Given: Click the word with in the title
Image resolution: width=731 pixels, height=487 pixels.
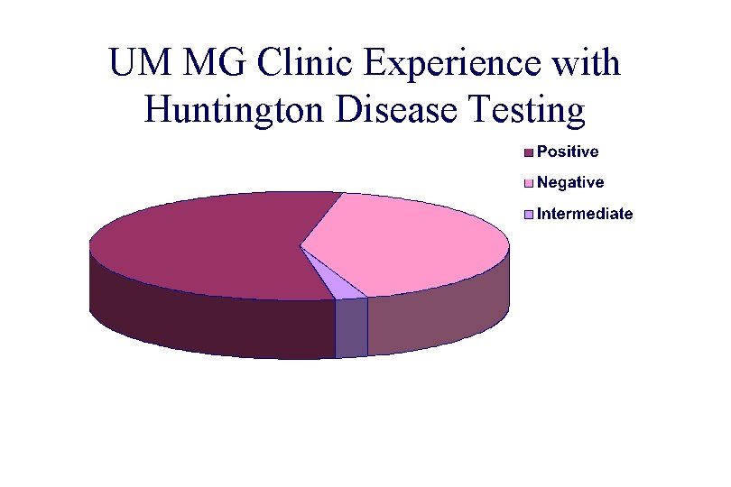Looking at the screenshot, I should (585, 65).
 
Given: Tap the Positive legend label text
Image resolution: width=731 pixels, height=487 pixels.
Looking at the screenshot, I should (568, 152).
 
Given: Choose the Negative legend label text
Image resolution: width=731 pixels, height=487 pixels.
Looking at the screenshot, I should (570, 183).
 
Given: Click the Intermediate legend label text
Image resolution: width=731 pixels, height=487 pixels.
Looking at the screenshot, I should (585, 215).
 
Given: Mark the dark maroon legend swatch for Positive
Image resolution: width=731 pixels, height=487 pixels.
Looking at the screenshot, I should (529, 152).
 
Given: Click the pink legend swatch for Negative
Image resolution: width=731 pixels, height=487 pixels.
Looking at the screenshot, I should (529, 183).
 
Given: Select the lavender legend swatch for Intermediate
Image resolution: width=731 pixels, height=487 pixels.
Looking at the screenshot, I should (529, 215).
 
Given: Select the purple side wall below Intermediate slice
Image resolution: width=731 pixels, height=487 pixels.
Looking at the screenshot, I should (351, 327).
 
